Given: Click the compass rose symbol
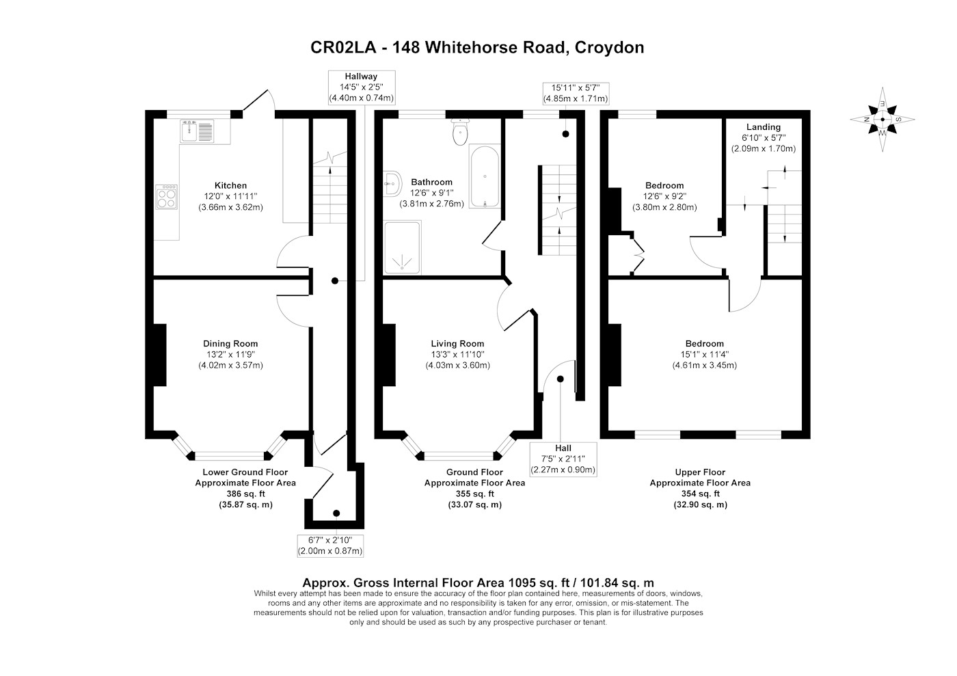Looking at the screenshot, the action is (882, 119).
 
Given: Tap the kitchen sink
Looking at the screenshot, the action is (198, 131).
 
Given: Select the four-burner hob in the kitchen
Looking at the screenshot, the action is (166, 197).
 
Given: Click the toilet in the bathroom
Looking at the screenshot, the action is (459, 132).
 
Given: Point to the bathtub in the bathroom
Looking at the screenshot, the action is (485, 176).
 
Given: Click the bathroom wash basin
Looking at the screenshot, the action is (392, 184).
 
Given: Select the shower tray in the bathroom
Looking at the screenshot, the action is (402, 247).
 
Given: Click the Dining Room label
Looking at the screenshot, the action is (230, 344).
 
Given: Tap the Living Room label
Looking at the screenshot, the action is (457, 344).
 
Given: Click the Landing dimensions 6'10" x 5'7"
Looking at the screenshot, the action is (764, 137).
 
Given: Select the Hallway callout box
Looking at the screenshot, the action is (362, 87).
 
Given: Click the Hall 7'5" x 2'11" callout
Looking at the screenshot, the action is (563, 459).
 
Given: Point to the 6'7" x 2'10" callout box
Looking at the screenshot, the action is (330, 545).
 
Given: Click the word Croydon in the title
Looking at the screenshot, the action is (609, 47).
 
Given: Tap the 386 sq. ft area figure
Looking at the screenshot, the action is (245, 494).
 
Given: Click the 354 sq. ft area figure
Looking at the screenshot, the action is (700, 494).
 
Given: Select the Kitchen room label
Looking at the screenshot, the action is (231, 185).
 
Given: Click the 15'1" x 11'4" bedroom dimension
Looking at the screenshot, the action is (705, 354).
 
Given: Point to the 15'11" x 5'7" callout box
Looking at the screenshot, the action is (576, 94).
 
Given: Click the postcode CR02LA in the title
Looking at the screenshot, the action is (343, 47).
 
